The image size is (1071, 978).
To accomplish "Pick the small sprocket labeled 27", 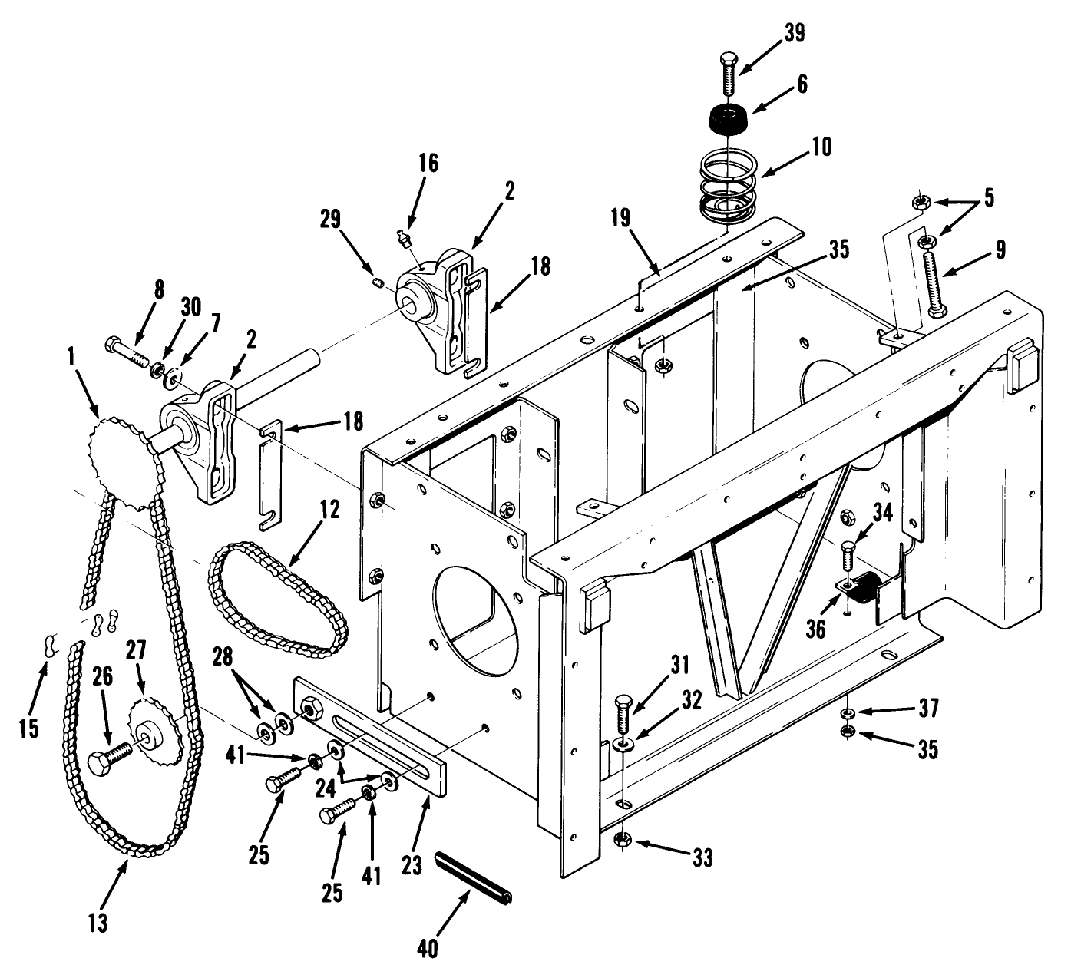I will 154,730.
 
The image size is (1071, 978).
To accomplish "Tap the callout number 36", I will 815,629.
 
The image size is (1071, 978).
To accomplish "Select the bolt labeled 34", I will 847,557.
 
